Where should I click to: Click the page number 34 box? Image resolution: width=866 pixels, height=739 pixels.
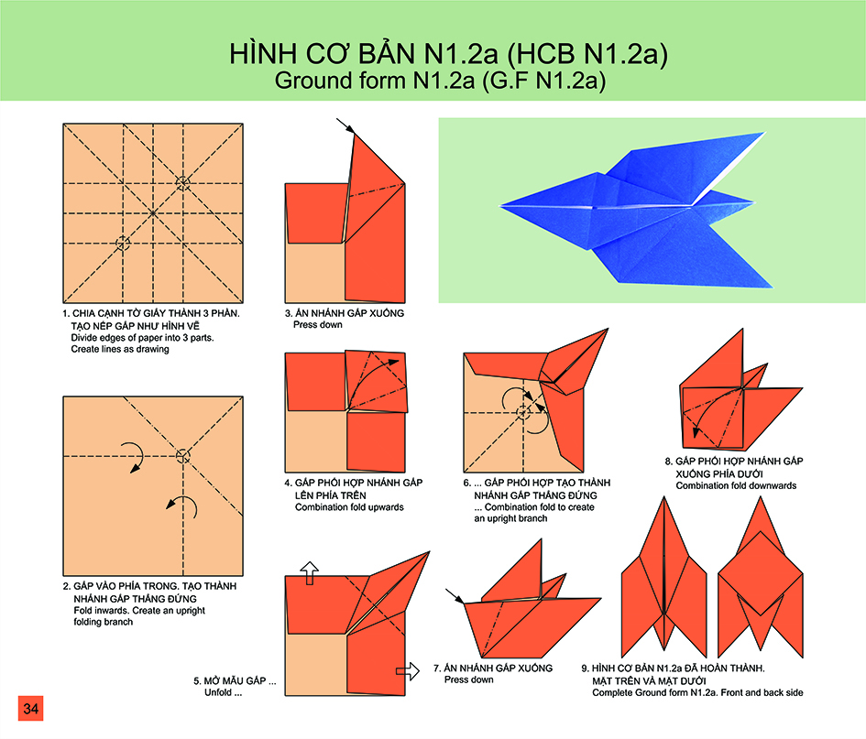coord(30,708)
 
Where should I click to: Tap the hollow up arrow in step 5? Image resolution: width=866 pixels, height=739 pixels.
coord(310,573)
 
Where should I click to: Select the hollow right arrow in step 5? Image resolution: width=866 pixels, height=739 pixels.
coord(408,671)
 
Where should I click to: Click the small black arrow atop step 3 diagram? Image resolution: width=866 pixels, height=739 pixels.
coord(345,125)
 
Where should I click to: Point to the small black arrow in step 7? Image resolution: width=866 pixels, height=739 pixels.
coord(455,596)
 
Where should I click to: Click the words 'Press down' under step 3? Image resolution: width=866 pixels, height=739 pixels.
coord(318,324)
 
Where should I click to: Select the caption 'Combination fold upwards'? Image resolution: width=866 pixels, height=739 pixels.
coord(349,507)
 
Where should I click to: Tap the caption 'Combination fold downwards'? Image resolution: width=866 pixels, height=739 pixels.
coord(736,485)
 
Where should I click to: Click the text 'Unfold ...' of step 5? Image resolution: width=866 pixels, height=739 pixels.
coord(223,692)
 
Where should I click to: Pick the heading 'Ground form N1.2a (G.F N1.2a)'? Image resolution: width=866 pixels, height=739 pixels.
coord(440,81)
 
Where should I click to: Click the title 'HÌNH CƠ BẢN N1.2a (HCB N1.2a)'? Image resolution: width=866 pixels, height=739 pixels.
coord(448,53)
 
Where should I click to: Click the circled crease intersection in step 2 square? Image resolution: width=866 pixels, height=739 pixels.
coord(182,456)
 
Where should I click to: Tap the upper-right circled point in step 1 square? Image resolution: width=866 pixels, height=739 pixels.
coord(182,182)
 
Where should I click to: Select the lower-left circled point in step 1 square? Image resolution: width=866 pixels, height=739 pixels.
coord(123,243)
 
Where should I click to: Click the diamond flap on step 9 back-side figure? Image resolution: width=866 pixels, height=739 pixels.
coord(761,573)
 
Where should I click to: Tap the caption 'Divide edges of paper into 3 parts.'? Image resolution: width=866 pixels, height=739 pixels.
coord(142,338)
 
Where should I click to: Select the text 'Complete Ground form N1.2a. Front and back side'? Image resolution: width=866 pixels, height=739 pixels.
coord(697,692)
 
